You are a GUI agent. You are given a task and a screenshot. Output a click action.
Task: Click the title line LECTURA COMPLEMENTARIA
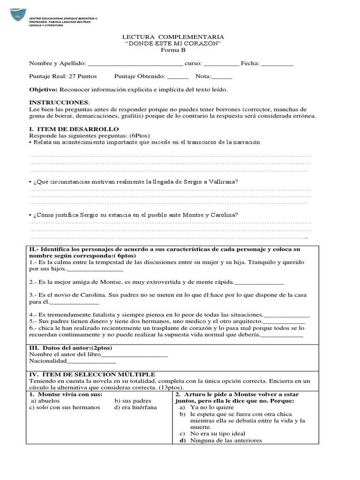pyautogui.click(x=173, y=37)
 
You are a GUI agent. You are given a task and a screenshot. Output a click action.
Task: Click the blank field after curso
pyautogui.click(x=221, y=64)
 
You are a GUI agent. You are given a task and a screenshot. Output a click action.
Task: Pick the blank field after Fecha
pyautogui.click(x=277, y=64)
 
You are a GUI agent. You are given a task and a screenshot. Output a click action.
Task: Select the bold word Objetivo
pyautogui.click(x=43, y=90)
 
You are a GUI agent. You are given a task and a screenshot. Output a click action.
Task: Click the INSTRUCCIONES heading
pyautogui.click(x=58, y=102)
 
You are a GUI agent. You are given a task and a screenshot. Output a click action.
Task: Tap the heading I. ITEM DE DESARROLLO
pyautogui.click(x=74, y=129)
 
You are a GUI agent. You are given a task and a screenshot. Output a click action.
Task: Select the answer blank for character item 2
pyautogui.click(x=258, y=282)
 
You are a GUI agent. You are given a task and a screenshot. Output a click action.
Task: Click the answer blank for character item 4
pyautogui.click(x=287, y=315)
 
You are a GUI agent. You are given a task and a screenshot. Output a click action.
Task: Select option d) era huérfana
pyautogui.click(x=135, y=407)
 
